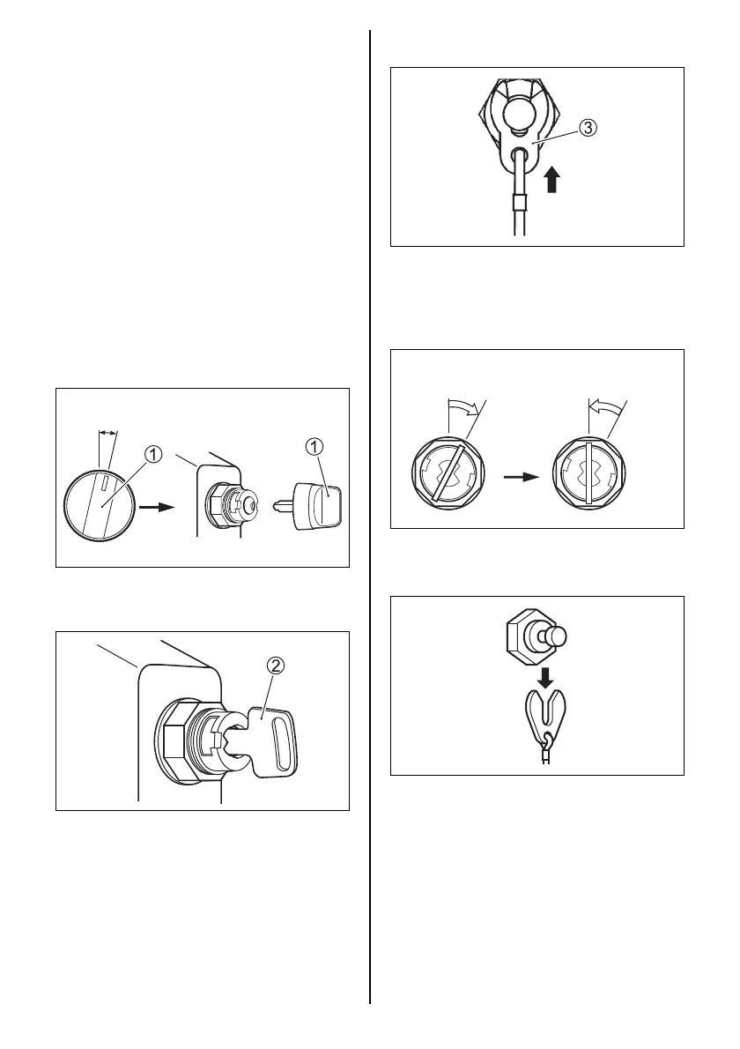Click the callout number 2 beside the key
(275, 666)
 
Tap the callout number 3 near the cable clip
(587, 128)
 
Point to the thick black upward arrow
(552, 180)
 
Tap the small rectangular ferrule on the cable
(520, 208)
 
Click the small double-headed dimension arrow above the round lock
(107, 433)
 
